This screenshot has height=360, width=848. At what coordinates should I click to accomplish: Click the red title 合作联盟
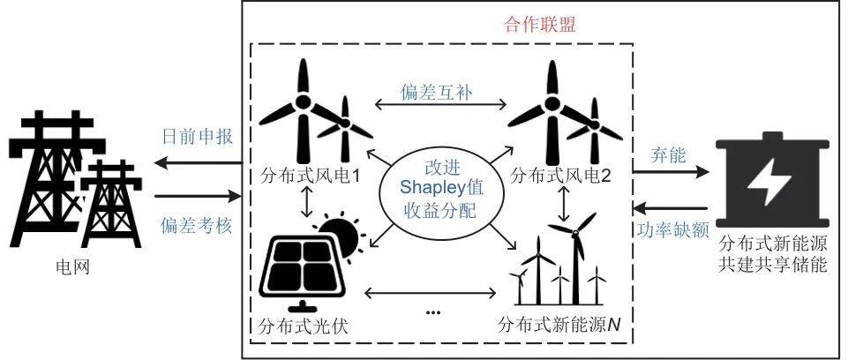click(x=540, y=25)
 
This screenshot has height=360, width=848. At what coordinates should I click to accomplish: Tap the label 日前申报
click(x=198, y=136)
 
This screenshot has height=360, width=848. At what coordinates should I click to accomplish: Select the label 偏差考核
click(x=198, y=225)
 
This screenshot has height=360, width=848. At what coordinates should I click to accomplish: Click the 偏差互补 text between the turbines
click(x=437, y=92)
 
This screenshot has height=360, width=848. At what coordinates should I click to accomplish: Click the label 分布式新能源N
click(x=559, y=325)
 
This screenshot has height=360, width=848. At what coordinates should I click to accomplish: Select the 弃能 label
click(x=668, y=155)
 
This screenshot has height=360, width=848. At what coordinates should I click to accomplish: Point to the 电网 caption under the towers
click(x=73, y=267)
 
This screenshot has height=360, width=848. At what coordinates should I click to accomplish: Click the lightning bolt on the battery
click(x=769, y=182)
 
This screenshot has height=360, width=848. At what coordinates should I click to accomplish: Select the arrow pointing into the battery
click(x=670, y=172)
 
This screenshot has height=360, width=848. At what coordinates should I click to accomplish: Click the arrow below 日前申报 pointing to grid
click(x=198, y=162)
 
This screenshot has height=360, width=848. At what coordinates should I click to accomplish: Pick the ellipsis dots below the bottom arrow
click(x=434, y=312)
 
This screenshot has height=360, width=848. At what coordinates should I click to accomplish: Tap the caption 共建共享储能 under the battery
click(x=773, y=266)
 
